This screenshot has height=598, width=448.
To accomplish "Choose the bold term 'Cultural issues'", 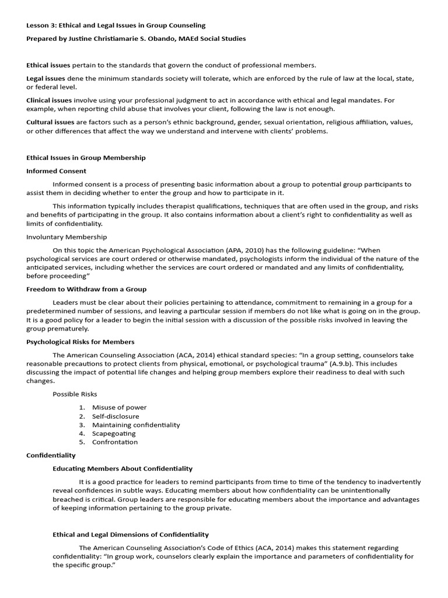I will point(50,122).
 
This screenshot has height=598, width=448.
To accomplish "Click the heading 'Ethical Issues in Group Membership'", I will point(86,158).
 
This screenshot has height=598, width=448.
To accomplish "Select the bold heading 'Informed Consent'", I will point(56,171).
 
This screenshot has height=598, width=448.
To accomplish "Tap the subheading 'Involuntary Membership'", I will point(66,237).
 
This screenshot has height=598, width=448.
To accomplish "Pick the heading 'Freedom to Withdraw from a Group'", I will point(86,289).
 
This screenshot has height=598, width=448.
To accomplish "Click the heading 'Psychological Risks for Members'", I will point(80,342).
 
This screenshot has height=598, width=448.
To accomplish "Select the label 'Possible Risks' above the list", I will point(75,394).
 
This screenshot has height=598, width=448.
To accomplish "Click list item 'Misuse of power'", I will point(119,407).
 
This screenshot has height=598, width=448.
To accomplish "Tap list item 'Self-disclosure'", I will point(116,416).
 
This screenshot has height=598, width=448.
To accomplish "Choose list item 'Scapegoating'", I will point(114,433).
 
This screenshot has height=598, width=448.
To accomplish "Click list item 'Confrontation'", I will point(115,442).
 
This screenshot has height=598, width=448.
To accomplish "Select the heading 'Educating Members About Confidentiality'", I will point(123,468).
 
